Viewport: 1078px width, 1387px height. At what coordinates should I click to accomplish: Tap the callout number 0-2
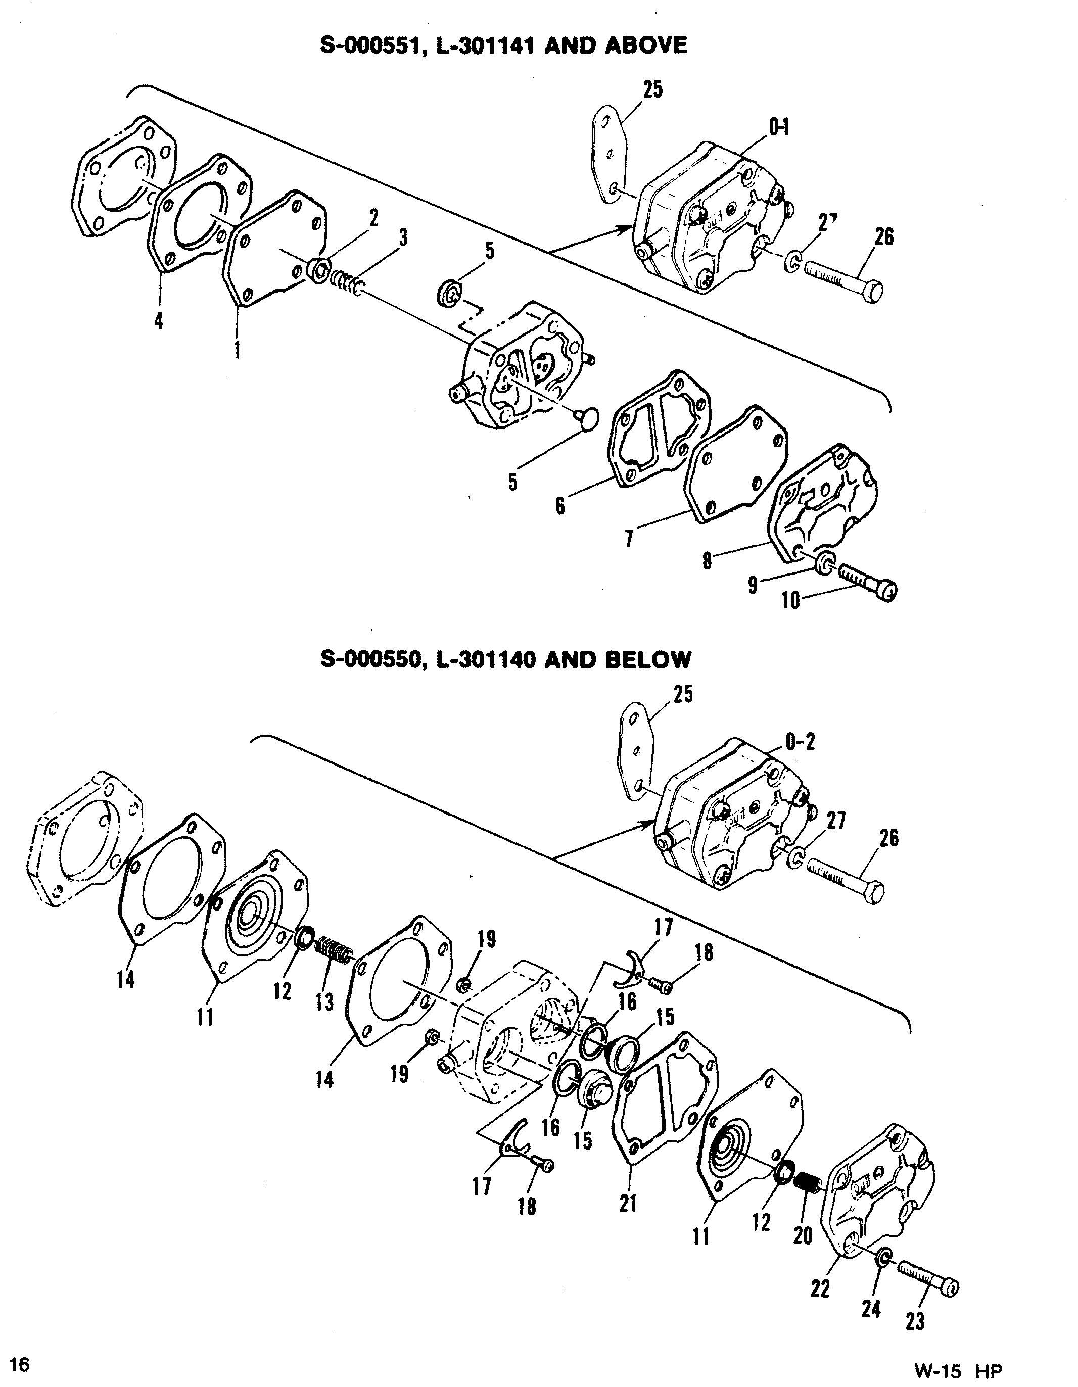pyautogui.click(x=801, y=741)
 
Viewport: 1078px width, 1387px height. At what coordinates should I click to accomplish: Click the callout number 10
pyautogui.click(x=790, y=600)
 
